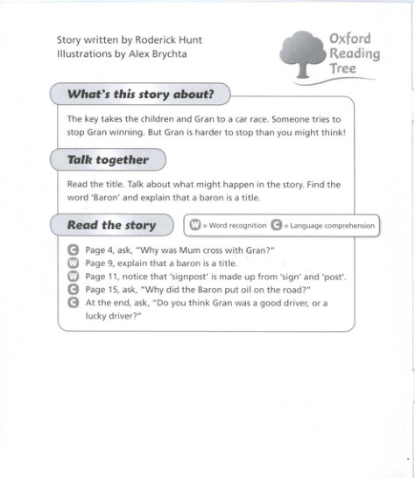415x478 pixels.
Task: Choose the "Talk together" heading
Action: (108, 160)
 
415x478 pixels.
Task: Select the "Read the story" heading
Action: (111, 225)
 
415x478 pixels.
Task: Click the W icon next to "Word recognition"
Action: (195, 226)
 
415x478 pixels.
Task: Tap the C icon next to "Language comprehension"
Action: (277, 226)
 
